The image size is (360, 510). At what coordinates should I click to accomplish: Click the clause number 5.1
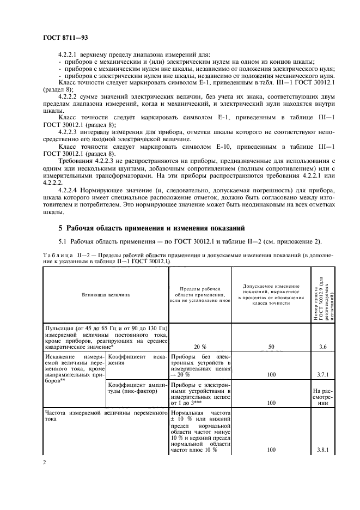62,241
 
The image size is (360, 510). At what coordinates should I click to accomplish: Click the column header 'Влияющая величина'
106,295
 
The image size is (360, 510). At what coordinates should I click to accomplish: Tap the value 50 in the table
272,345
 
